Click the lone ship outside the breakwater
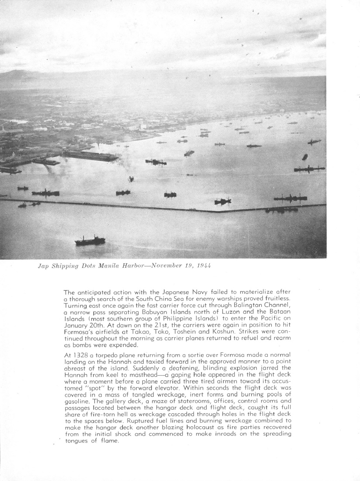(90, 240)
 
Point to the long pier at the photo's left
(90, 155)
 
